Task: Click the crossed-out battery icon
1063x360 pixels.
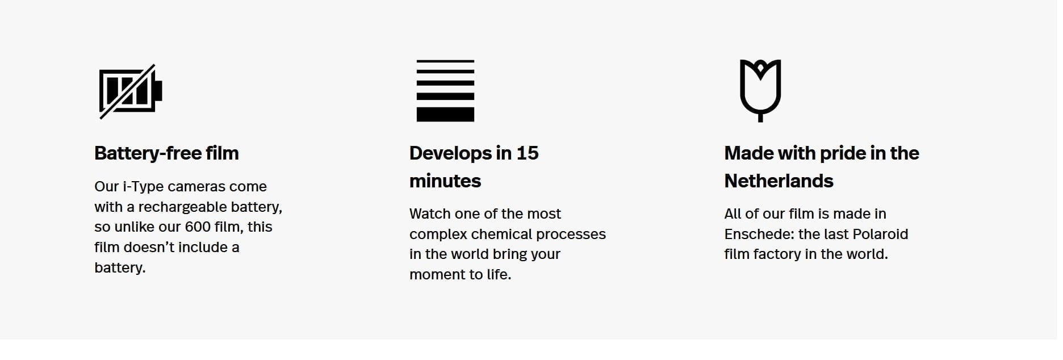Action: tap(131, 91)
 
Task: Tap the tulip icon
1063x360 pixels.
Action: tap(760, 90)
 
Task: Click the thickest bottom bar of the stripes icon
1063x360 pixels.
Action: tap(445, 114)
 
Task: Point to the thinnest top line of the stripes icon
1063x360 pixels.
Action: tap(445, 61)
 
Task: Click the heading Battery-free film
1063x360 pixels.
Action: tap(166, 153)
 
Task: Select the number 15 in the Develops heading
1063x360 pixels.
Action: tap(527, 153)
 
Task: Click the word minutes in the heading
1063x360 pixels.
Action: tap(445, 181)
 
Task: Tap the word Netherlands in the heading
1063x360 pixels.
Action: tap(779, 181)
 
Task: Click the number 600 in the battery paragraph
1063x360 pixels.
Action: tap(198, 227)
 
